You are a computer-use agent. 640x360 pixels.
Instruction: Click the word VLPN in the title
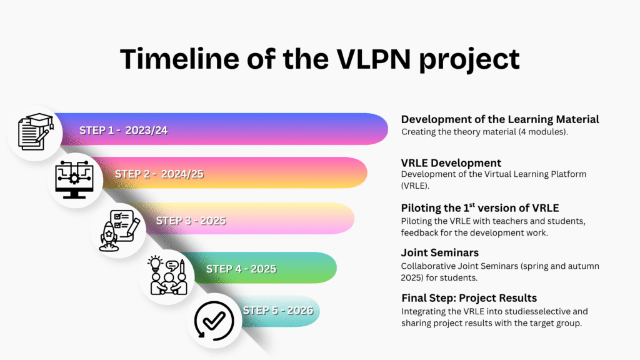click(374, 59)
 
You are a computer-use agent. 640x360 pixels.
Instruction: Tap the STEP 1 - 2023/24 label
click(123, 130)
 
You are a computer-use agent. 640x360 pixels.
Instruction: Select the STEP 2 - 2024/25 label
click(159, 174)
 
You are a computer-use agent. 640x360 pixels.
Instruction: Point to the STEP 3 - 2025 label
click(191, 221)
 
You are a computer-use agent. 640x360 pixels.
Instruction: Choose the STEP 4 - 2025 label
click(241, 269)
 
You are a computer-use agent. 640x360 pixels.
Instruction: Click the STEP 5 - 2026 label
click(278, 310)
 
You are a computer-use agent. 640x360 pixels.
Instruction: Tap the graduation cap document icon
click(36, 132)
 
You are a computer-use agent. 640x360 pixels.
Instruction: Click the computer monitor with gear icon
click(74, 179)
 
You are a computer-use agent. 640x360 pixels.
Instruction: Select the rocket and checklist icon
click(119, 230)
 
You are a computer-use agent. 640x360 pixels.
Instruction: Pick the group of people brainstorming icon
click(167, 276)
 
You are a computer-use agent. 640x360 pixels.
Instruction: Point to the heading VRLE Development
click(451, 163)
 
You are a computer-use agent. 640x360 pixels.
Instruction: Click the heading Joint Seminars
click(439, 252)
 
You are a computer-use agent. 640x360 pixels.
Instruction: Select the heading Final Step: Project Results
click(469, 298)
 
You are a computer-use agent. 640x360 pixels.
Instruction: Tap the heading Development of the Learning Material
click(500, 119)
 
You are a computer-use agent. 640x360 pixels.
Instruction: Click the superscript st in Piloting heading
click(472, 204)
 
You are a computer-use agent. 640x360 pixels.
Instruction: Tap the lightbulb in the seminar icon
click(155, 264)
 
